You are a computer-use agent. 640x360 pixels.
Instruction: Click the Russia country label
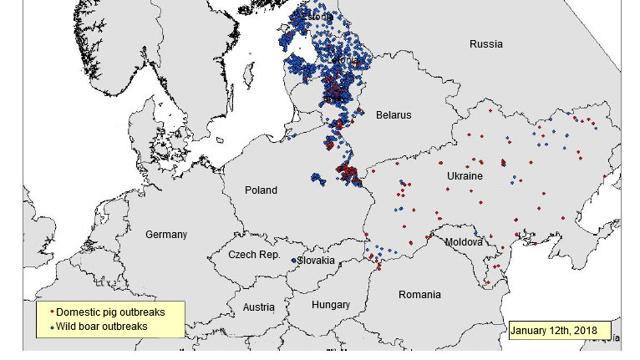[x=485, y=43]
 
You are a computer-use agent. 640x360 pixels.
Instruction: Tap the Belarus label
[x=393, y=115]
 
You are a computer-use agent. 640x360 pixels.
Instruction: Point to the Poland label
[x=261, y=190]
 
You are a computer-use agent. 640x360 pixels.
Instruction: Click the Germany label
[x=166, y=235]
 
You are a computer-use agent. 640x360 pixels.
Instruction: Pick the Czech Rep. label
[x=254, y=254]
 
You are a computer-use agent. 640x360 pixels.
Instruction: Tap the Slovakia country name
[x=317, y=261]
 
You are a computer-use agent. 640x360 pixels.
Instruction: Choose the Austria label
[x=258, y=307]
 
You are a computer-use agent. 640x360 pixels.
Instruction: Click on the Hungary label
[x=330, y=305]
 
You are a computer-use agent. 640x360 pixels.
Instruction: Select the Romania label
[x=419, y=295]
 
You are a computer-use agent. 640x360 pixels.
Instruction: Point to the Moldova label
[x=464, y=242]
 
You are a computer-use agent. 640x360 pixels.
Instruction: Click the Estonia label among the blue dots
[x=317, y=16]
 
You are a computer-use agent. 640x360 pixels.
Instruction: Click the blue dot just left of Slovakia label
[x=293, y=261]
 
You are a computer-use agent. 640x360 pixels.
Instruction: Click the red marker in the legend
[x=51, y=313]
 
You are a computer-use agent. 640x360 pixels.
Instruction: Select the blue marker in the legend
[x=51, y=327]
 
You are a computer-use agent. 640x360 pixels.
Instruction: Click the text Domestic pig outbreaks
[x=110, y=312]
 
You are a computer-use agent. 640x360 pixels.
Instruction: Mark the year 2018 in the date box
[x=585, y=331]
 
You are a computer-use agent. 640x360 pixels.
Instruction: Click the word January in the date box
[x=532, y=331]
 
